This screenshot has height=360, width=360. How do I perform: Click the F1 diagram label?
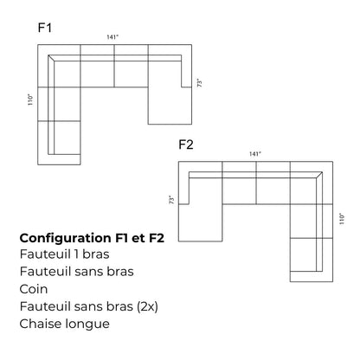pyautogui.click(x=46, y=28)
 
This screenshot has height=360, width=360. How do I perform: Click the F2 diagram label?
pyautogui.click(x=185, y=144)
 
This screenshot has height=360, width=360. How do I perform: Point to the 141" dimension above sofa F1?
pyautogui.click(x=112, y=37)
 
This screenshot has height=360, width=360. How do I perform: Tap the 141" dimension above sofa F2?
pyautogui.click(x=254, y=153)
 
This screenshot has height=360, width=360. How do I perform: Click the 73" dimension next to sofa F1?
pyautogui.click(x=199, y=84)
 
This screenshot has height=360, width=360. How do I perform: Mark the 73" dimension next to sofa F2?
pyautogui.click(x=171, y=200)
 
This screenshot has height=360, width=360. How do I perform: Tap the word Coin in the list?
pyautogui.click(x=33, y=289)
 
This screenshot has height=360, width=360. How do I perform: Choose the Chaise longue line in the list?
pyautogui.click(x=63, y=324)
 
